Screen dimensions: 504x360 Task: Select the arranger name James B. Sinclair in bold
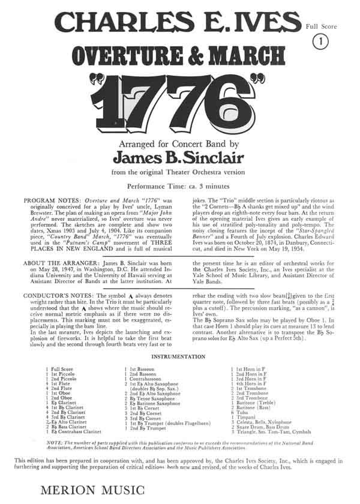179,157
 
